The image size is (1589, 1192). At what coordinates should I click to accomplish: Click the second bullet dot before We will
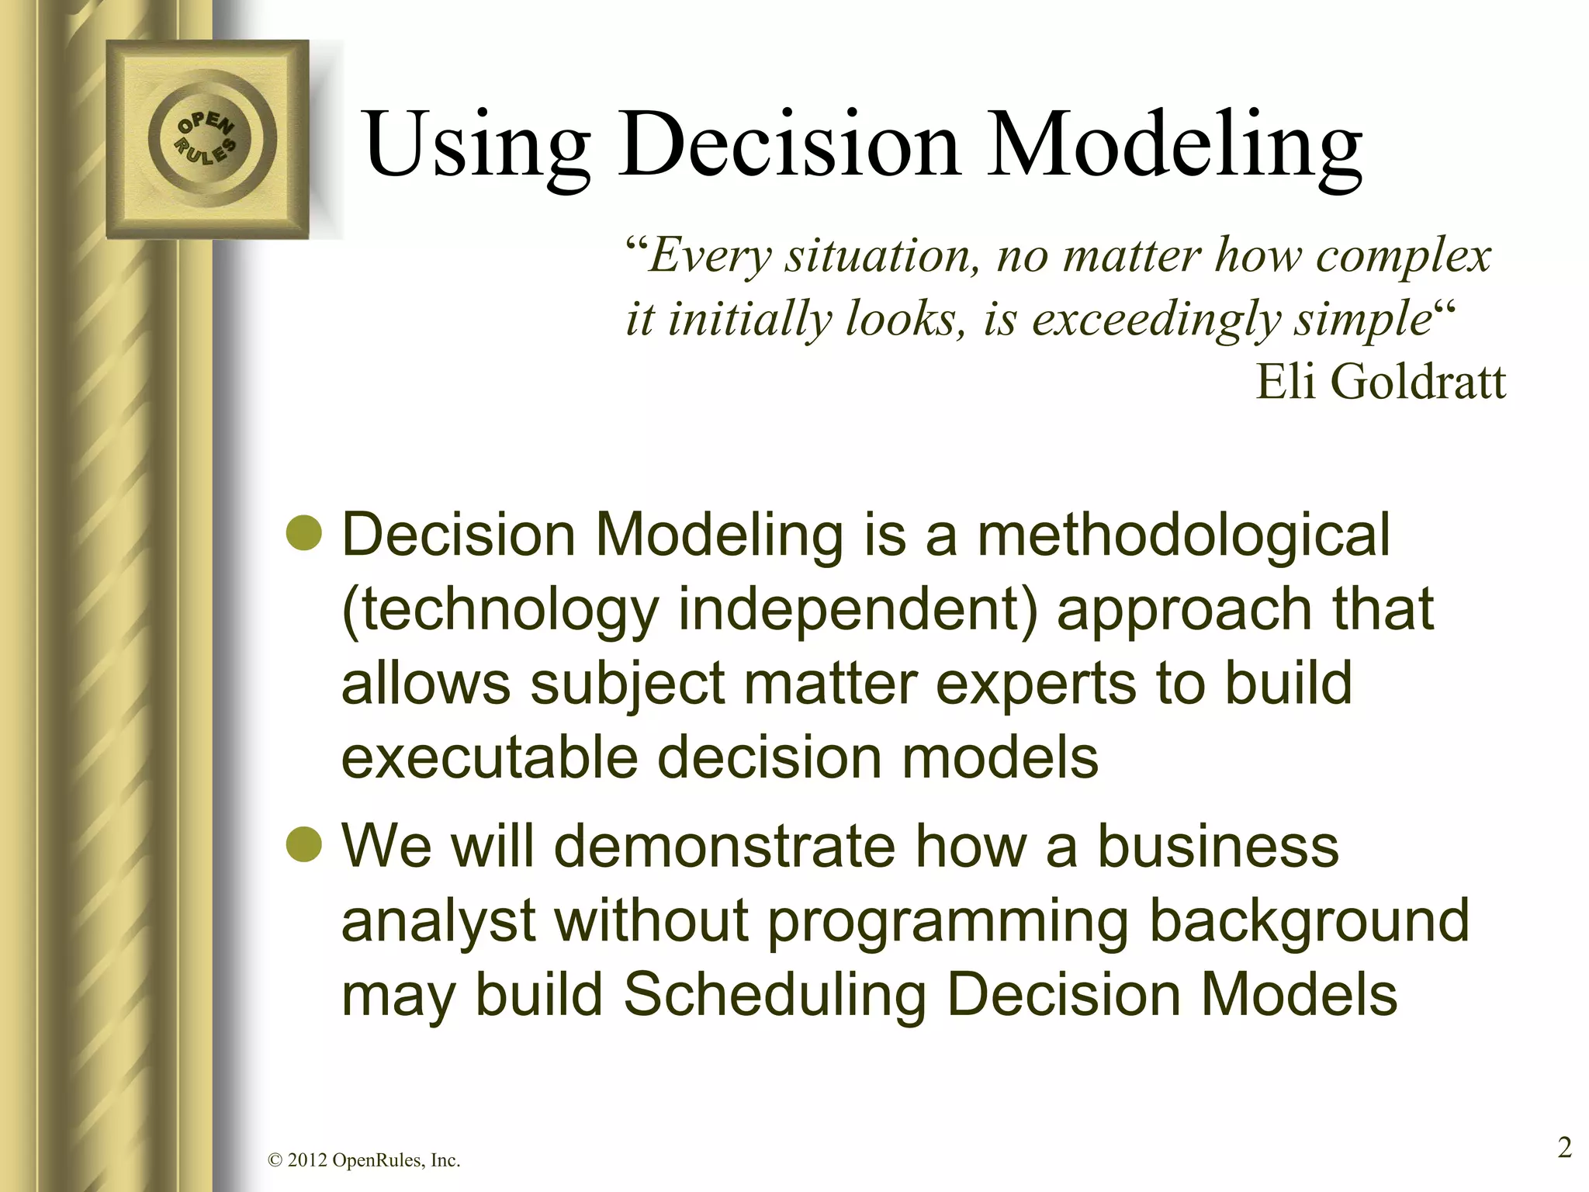point(303,844)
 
